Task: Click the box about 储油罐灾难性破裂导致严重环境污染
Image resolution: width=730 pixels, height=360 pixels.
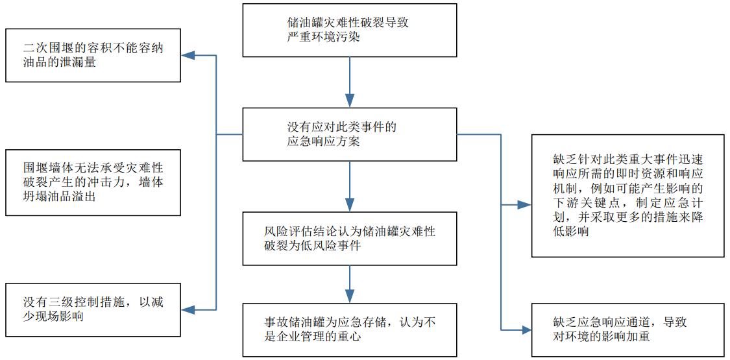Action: pyautogui.click(x=350, y=30)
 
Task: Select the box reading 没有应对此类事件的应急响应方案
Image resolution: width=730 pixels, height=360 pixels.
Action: pyautogui.click(x=350, y=134)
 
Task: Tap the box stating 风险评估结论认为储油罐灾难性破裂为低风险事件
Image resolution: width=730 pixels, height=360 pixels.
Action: pyautogui.click(x=350, y=238)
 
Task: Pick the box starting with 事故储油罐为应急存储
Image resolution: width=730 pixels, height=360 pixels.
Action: pyautogui.click(x=350, y=330)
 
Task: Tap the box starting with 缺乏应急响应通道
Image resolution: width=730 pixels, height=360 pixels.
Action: pyautogui.click(x=627, y=329)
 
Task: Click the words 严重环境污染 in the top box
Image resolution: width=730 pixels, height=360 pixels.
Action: pyautogui.click(x=318, y=38)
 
